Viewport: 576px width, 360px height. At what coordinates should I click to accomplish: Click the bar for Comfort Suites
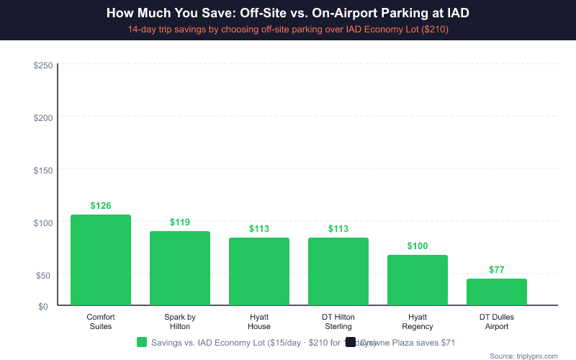pyautogui.click(x=101, y=260)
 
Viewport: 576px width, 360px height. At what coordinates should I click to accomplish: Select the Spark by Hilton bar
pyautogui.click(x=180, y=268)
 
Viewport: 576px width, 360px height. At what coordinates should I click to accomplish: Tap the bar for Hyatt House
pyautogui.click(x=259, y=271)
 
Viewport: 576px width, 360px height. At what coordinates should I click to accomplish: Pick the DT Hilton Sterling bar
pyautogui.click(x=338, y=271)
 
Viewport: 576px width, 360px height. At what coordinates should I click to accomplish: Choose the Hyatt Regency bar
pyautogui.click(x=418, y=280)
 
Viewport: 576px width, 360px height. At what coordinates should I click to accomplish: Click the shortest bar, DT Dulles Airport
pyautogui.click(x=497, y=292)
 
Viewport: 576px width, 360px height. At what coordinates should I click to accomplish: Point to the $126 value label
pyautogui.click(x=101, y=206)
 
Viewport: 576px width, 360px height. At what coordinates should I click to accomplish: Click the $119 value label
pyautogui.click(x=180, y=222)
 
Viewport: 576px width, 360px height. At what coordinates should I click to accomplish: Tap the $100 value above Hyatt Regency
pyautogui.click(x=418, y=246)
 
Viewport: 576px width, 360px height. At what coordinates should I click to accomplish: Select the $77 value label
pyautogui.click(x=497, y=270)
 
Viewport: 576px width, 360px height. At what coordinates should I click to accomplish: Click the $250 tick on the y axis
pyautogui.click(x=42, y=65)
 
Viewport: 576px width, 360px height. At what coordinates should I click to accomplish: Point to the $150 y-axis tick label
pyautogui.click(x=42, y=170)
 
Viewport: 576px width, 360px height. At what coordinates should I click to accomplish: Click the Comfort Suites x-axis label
pyautogui.click(x=101, y=321)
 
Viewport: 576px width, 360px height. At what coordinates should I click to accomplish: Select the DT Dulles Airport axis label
pyautogui.click(x=497, y=321)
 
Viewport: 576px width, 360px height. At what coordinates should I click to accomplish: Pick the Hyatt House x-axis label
pyautogui.click(x=259, y=321)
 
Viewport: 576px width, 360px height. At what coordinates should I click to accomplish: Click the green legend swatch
pyautogui.click(x=142, y=343)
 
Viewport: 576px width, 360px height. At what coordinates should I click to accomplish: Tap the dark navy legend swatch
pyautogui.click(x=351, y=343)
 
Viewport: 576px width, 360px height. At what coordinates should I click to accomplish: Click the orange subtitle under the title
pyautogui.click(x=288, y=30)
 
